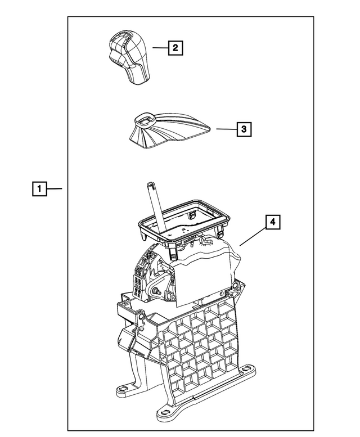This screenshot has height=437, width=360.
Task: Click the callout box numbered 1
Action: pos(39,188)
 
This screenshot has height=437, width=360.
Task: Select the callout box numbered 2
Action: pos(175,48)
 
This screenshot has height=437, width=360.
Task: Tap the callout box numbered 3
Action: pos(244,129)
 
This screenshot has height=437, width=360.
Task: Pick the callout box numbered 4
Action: pos(272,222)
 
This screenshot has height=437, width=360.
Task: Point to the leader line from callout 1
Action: pos(55,188)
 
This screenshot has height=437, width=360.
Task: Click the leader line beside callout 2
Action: pos(160,48)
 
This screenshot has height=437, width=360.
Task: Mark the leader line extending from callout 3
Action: pos(227,129)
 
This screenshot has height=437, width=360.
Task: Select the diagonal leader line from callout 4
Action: pos(253,237)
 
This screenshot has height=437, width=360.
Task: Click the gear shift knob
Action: pos(128,57)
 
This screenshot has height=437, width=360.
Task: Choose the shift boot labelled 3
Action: pos(169,130)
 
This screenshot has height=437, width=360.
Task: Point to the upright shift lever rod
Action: pos(156,206)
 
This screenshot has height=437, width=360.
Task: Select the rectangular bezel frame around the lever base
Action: pos(184,220)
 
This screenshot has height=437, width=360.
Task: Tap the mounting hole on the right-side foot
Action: pos(245,369)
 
